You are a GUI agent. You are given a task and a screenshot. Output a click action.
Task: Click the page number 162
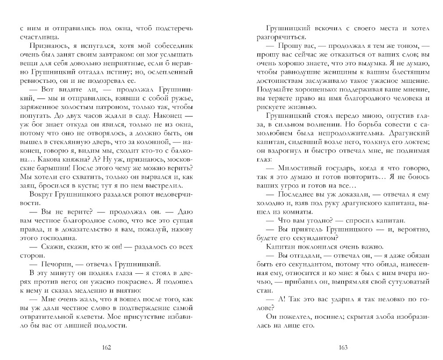(x=106, y=347)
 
